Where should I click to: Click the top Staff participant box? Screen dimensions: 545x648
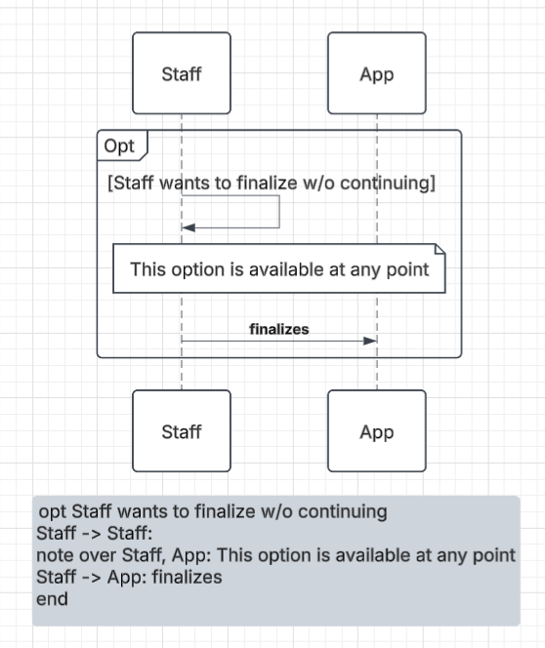tap(182, 73)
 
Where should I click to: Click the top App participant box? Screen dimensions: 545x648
tap(377, 73)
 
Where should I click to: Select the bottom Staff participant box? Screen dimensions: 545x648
tap(182, 430)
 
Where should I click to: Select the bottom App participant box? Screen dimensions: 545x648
tap(377, 430)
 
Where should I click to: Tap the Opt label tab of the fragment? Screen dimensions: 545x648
tap(122, 145)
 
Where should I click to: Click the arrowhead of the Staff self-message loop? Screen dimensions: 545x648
tap(189, 227)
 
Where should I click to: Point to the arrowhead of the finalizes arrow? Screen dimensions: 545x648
tap(370, 341)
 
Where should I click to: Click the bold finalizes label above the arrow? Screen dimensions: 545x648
tap(279, 330)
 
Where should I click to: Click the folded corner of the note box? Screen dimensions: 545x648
tap(440, 249)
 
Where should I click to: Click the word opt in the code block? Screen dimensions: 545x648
tap(53, 512)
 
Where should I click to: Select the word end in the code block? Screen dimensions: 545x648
tap(52, 599)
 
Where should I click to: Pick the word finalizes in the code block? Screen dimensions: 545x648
tap(187, 577)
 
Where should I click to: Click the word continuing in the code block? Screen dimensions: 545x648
tap(343, 511)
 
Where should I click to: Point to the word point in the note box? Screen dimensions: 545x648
tap(407, 270)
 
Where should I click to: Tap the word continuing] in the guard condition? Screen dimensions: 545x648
tap(388, 183)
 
